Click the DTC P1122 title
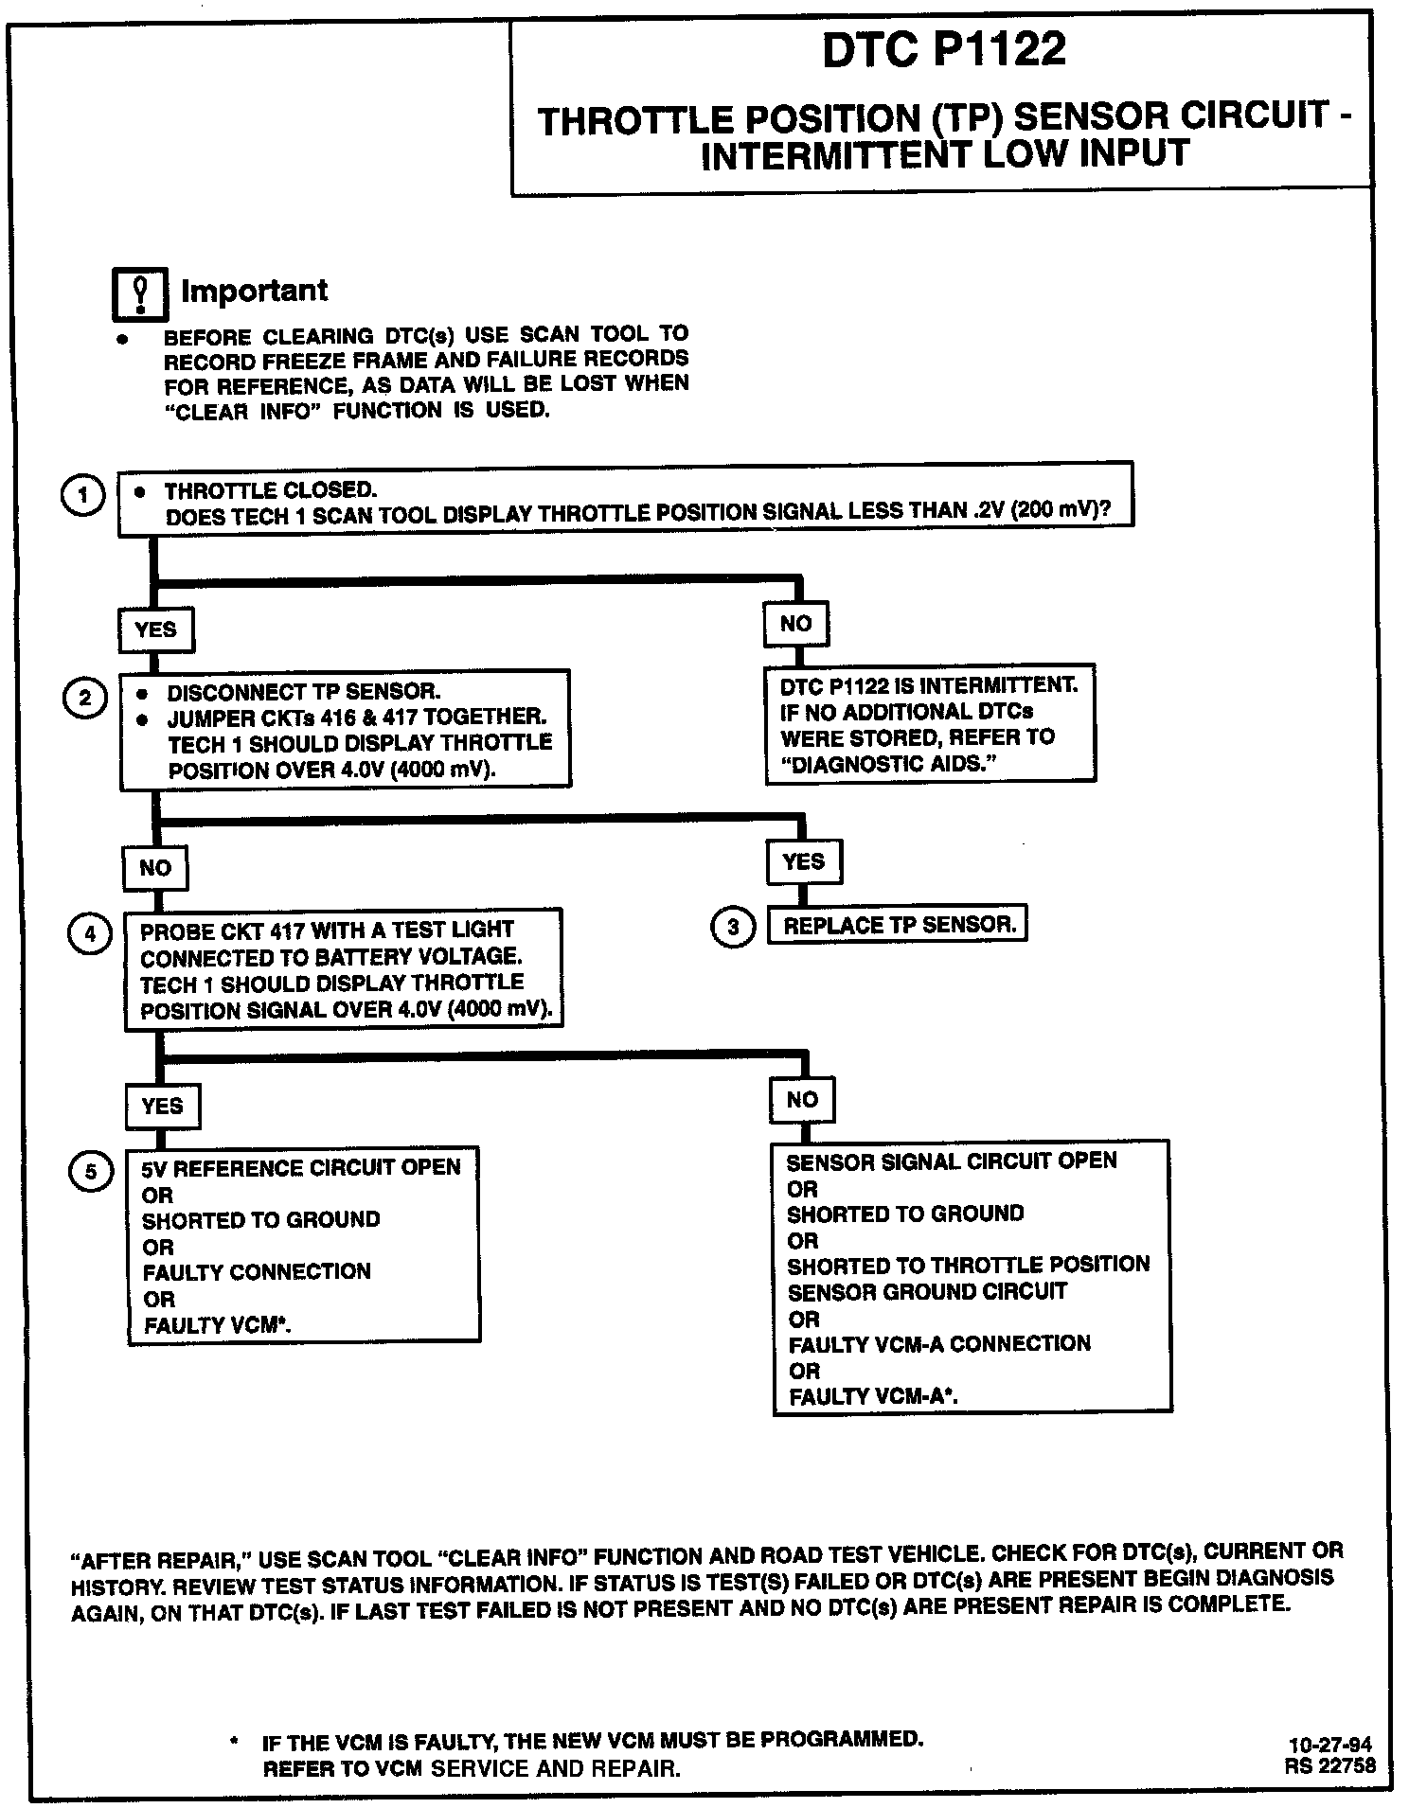943,49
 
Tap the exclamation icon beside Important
139,293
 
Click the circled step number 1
83,495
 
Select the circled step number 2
85,699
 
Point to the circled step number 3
732,928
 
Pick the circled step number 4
90,934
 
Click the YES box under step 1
155,629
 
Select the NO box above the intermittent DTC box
795,624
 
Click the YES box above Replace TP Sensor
803,861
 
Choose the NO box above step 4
155,868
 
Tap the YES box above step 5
162,1106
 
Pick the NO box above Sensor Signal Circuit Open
802,1099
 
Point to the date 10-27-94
1329,1746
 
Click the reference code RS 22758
1329,1765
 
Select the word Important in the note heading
254,291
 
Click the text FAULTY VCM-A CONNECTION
938,1343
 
